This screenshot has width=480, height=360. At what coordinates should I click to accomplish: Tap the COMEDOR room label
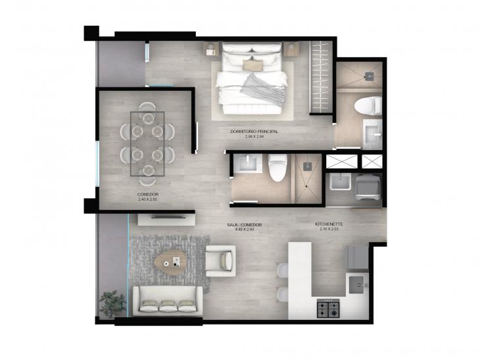(147, 196)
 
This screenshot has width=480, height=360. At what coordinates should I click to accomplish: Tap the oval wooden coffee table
(172, 262)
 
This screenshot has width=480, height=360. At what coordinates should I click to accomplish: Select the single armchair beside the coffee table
(220, 260)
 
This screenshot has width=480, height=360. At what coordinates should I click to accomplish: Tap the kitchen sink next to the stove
(358, 284)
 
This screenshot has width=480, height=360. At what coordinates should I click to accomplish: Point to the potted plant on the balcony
(112, 303)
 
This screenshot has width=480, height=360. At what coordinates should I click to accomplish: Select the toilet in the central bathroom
(277, 167)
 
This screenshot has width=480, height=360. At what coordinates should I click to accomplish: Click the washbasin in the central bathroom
(247, 164)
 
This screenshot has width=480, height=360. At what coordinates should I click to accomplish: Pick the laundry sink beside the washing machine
(340, 184)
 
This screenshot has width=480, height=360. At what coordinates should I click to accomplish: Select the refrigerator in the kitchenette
(358, 257)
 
